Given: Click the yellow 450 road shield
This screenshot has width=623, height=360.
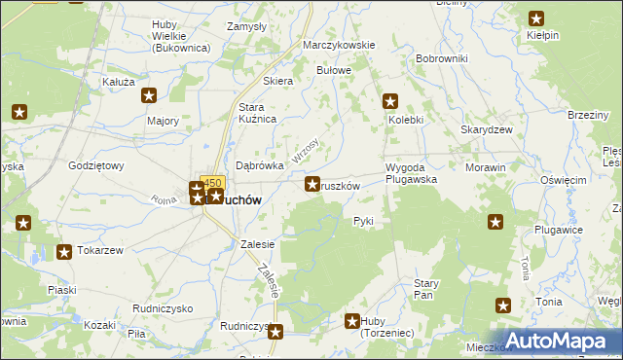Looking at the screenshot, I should click(x=212, y=182).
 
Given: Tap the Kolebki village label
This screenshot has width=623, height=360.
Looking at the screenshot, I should click(x=406, y=120).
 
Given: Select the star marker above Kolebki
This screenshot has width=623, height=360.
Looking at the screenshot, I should click(x=390, y=100).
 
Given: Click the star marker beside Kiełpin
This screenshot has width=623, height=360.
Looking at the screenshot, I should click(x=536, y=18).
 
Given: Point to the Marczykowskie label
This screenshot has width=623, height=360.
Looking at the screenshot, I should click(x=339, y=46).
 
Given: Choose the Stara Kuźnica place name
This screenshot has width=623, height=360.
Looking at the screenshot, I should click(x=259, y=112).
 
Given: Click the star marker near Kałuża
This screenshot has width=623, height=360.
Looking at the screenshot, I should click(x=149, y=95).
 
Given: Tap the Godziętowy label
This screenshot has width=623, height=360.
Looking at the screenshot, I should click(x=96, y=165).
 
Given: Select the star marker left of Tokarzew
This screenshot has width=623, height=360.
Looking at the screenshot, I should click(x=63, y=253).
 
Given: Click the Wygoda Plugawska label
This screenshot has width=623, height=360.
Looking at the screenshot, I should click(x=411, y=173).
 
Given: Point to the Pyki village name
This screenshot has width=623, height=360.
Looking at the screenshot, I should click(x=363, y=221).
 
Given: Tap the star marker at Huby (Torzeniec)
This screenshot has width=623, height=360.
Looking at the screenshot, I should click(x=353, y=320).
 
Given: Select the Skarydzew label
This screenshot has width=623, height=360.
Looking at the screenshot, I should click(x=481, y=129).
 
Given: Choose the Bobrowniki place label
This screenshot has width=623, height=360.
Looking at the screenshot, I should click(x=441, y=58).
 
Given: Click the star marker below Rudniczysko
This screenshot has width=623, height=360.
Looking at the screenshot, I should click(x=275, y=332).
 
